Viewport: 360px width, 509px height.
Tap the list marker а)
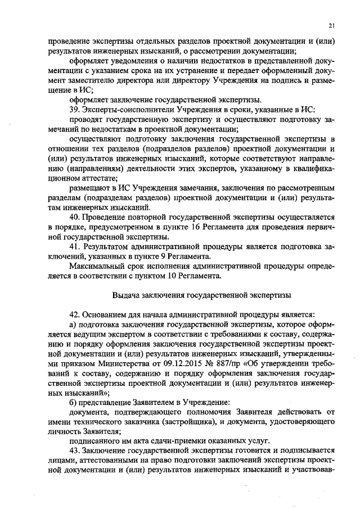[72, 325]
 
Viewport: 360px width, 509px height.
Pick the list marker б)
[72, 402]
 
